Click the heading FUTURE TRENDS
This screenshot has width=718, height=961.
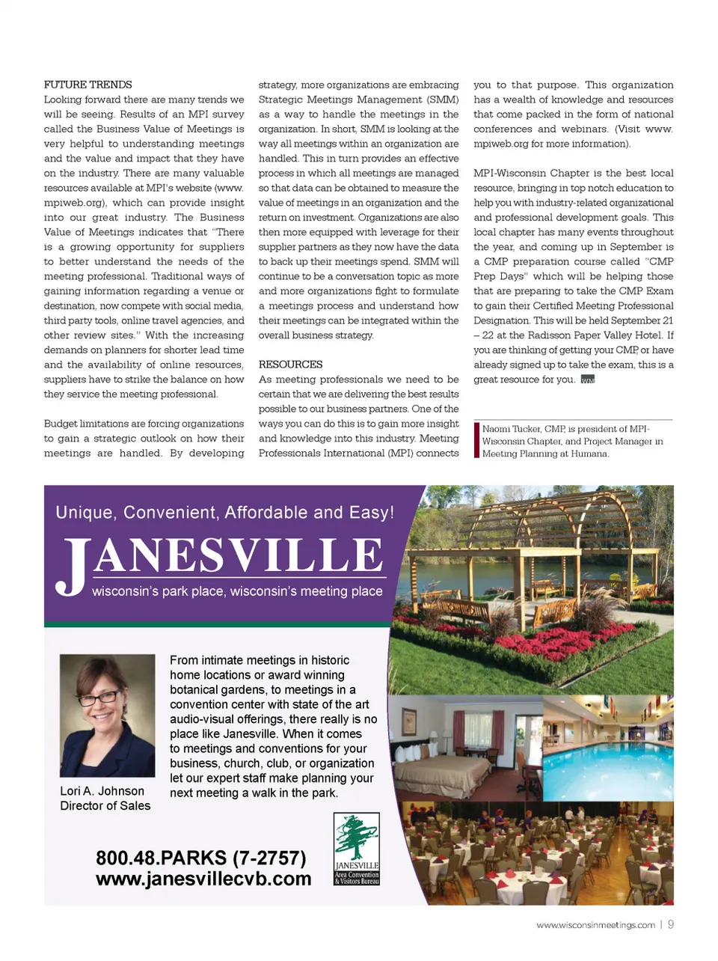tap(88, 85)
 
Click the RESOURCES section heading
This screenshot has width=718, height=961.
tap(290, 364)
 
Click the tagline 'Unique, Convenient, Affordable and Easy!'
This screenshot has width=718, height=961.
tap(224, 513)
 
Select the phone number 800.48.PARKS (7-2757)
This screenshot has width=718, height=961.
tap(200, 858)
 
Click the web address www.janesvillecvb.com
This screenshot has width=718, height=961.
tap(203, 879)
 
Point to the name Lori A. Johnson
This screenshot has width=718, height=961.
tap(102, 791)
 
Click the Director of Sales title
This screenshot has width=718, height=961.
tap(105, 806)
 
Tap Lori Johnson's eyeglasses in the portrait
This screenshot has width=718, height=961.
tap(105, 696)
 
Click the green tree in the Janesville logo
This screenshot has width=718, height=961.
tap(356, 837)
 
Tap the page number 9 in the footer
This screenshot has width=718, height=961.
tap(671, 925)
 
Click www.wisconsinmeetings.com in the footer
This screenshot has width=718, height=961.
tap(595, 926)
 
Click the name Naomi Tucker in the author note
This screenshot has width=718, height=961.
tap(512, 429)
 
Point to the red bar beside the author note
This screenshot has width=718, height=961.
tap(476, 440)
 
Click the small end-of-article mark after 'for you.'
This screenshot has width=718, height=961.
tap(588, 380)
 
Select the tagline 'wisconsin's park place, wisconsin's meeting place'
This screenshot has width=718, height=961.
tap(237, 591)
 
